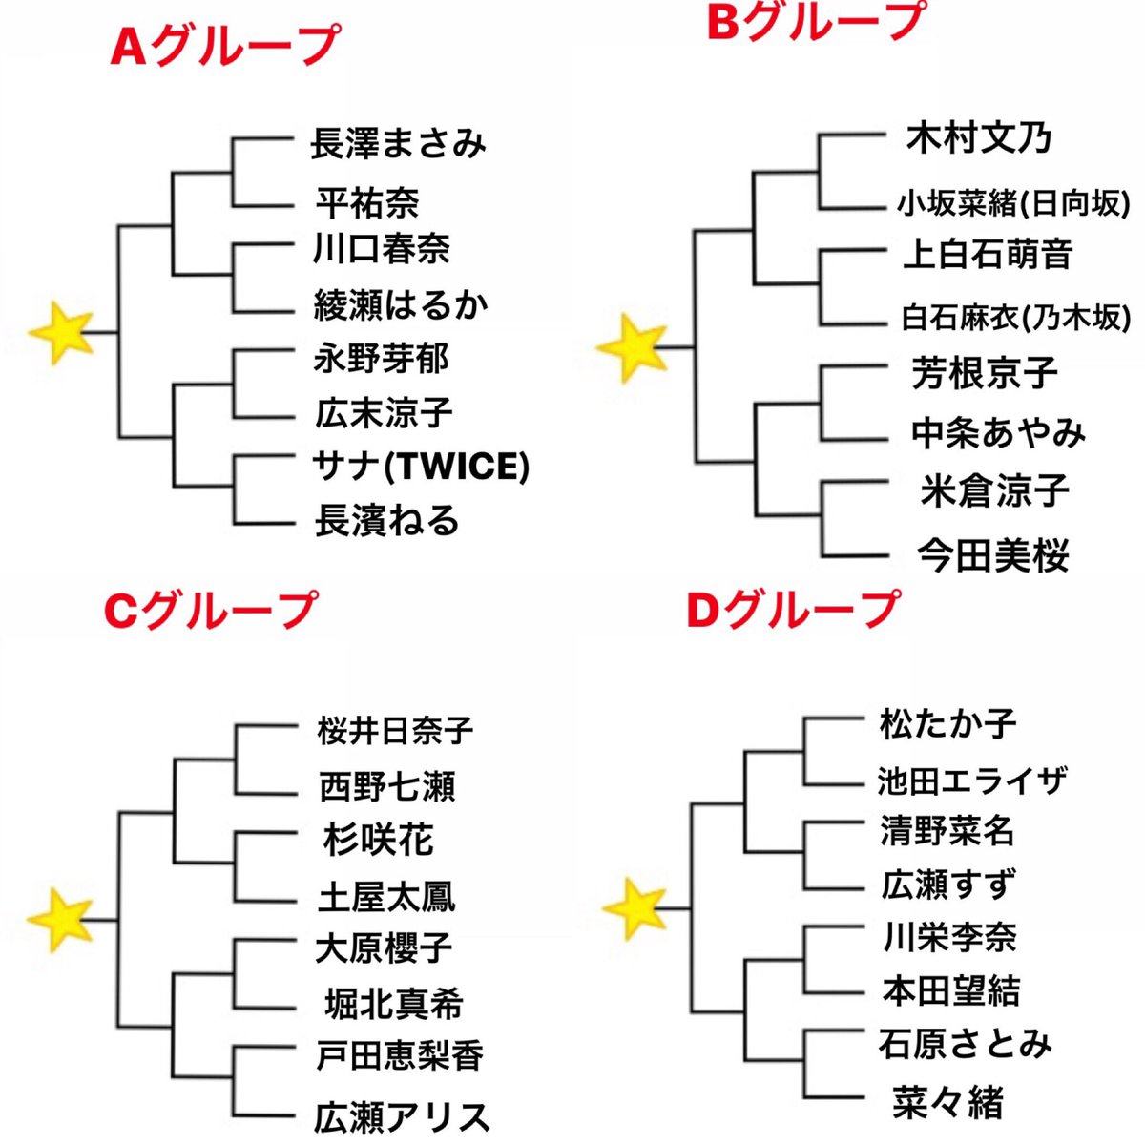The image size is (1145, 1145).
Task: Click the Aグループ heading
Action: click(224, 47)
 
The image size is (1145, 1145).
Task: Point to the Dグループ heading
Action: click(793, 609)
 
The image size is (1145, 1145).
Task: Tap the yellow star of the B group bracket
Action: click(631, 346)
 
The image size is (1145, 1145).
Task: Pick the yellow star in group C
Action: click(59, 920)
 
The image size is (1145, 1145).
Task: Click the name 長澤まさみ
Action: click(398, 143)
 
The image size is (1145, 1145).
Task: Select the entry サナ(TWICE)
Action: click(420, 467)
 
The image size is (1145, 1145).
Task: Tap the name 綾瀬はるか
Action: click(401, 305)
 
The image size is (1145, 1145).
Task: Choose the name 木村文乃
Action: click(979, 138)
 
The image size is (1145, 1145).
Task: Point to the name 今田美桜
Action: click(993, 555)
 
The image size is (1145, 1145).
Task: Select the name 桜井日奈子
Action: click(395, 731)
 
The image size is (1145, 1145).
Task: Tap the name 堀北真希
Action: click(393, 1004)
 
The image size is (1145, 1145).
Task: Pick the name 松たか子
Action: click(947, 722)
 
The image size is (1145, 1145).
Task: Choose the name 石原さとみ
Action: click(965, 1043)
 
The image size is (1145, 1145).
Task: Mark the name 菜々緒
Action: click(947, 1102)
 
